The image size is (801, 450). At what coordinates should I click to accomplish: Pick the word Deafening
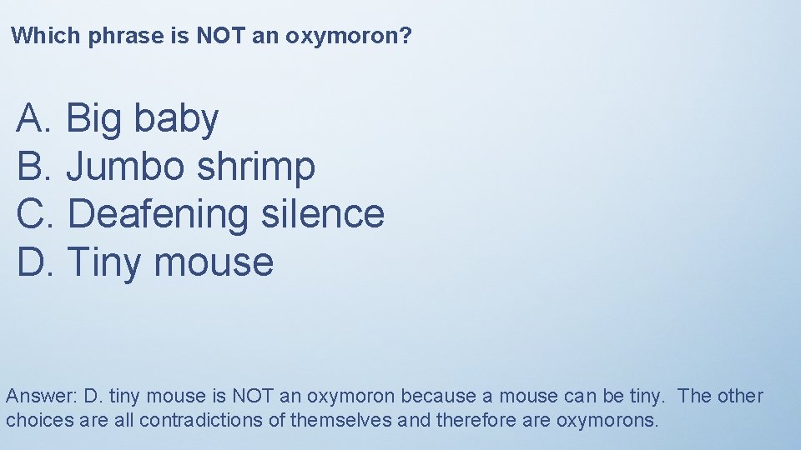(158, 215)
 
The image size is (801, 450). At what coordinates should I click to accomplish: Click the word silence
(322, 213)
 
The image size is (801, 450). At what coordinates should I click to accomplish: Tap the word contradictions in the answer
(201, 420)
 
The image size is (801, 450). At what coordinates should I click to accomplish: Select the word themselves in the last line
(341, 420)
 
